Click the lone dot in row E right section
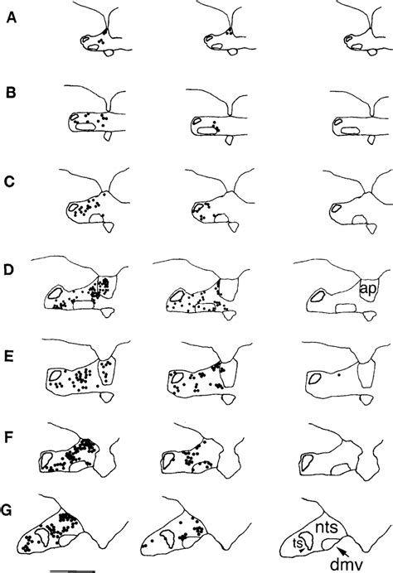[x=338, y=375]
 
